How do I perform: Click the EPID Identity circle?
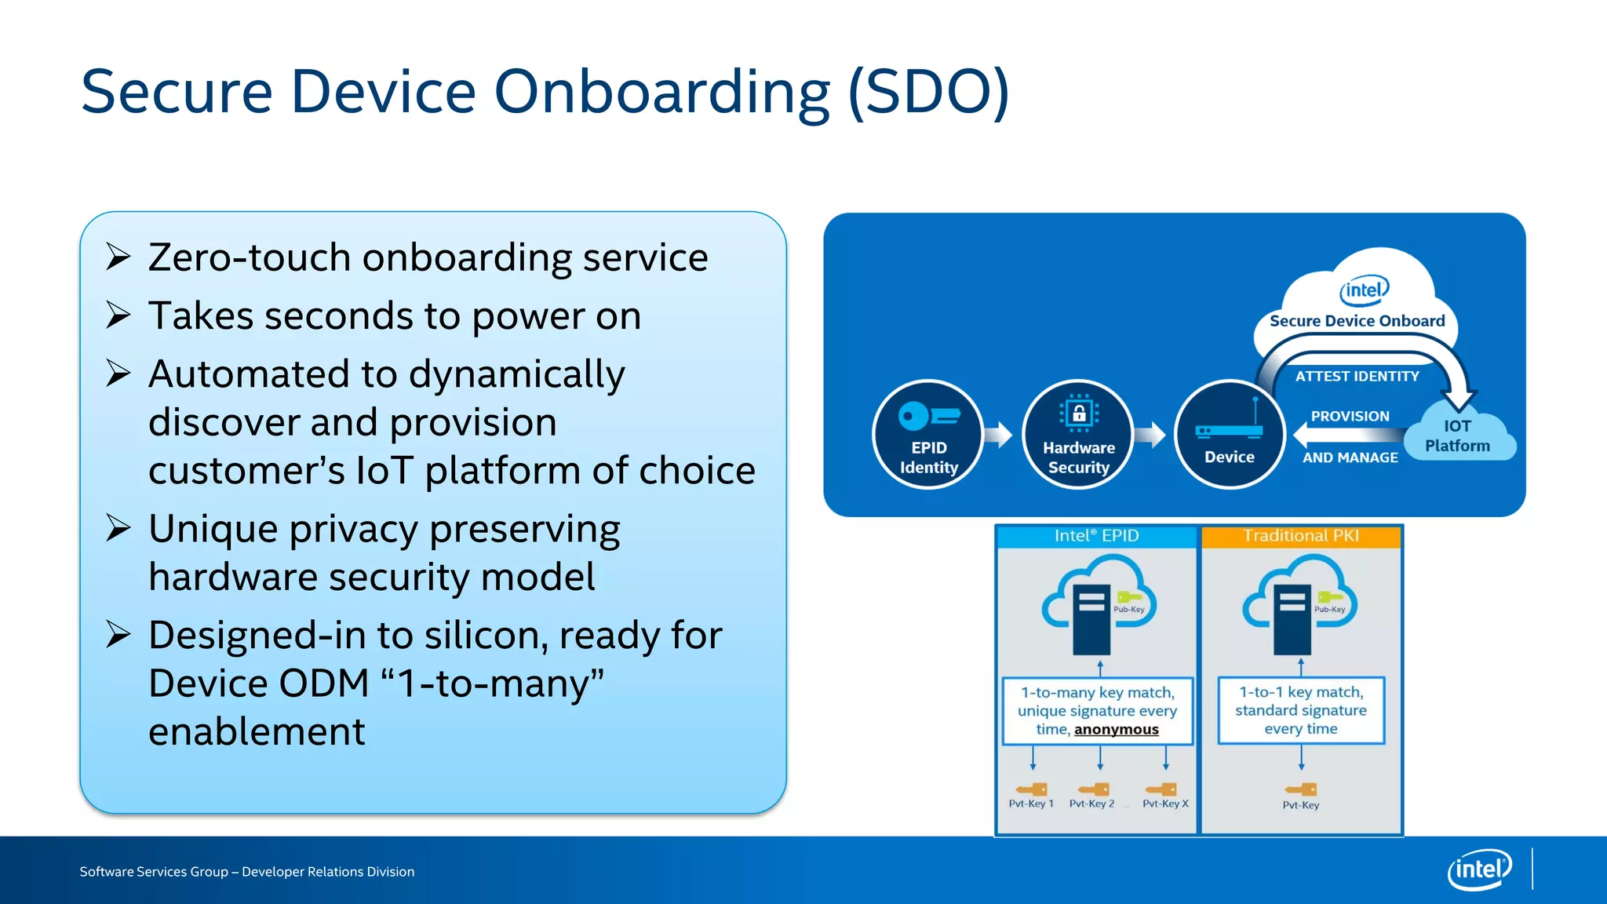[x=928, y=434]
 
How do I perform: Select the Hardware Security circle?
[x=1078, y=434]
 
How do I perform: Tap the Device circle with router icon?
[x=1229, y=434]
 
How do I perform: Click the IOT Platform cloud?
[x=1459, y=434]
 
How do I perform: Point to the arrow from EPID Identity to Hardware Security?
[x=999, y=434]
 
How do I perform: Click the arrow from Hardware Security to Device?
[x=1150, y=434]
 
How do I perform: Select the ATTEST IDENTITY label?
[x=1357, y=377]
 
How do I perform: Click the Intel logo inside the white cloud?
[x=1364, y=290]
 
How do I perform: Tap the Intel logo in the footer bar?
[x=1479, y=869]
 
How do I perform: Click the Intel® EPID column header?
[x=1096, y=536]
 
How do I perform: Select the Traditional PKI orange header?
[x=1300, y=536]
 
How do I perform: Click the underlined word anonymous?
[x=1116, y=730]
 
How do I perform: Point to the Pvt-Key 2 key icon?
[x=1093, y=789]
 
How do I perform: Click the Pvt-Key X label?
[x=1165, y=804]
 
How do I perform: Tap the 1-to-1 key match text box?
[x=1301, y=710]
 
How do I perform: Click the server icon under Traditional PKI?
[x=1292, y=619]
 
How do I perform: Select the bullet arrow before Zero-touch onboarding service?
[x=118, y=257]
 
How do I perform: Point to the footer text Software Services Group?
[x=154, y=872]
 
